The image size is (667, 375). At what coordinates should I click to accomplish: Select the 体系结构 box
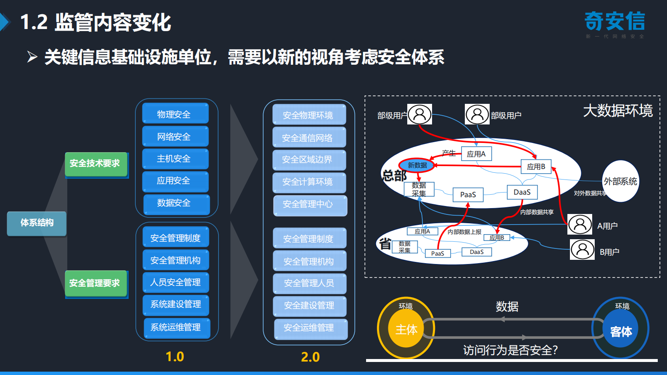point(37,223)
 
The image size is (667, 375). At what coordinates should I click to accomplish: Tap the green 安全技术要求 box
point(95,164)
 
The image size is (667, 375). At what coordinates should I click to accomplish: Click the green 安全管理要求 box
point(95,283)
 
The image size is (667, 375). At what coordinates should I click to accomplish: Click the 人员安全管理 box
point(175,282)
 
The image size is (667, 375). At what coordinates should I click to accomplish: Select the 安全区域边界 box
point(308,160)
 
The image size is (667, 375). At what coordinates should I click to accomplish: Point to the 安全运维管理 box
point(310,328)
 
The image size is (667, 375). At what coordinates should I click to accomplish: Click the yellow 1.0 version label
point(175,357)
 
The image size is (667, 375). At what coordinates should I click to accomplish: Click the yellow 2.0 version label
point(310,357)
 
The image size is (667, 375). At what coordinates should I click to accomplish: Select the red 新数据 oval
point(417,165)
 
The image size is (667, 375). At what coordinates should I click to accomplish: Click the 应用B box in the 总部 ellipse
point(536,166)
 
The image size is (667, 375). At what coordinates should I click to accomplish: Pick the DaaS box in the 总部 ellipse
point(522,192)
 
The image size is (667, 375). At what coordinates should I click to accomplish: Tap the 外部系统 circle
point(620,181)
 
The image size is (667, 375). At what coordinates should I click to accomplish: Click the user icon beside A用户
point(580,224)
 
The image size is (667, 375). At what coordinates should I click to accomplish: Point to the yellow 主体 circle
point(406,330)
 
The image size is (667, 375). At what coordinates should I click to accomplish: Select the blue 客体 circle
point(621,331)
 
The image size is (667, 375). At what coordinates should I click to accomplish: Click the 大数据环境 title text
point(617,111)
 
